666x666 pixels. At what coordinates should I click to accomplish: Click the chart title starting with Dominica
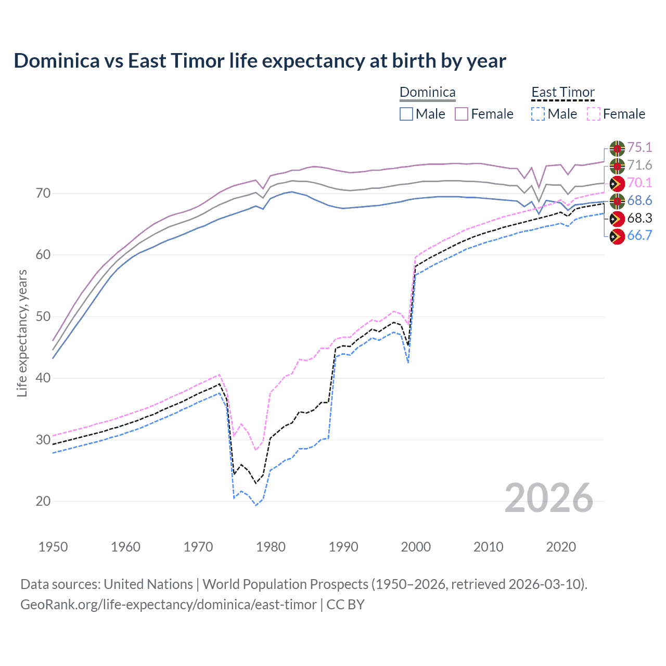pos(260,61)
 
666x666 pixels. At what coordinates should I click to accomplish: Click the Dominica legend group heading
pos(427,93)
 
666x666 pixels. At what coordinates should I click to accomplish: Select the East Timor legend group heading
pos(562,93)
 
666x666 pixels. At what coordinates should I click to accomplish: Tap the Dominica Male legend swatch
pos(406,114)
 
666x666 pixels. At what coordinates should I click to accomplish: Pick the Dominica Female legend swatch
pos(462,114)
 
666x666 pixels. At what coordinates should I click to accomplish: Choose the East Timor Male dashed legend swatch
pos(538,114)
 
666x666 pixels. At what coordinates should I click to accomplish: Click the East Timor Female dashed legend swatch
pos(594,114)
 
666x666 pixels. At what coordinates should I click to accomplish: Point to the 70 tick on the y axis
pos(43,193)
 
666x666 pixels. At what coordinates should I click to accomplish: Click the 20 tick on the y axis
pos(43,501)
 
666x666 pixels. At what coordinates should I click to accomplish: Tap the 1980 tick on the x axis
pos(271,547)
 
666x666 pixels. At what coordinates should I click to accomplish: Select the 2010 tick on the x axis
pos(488,547)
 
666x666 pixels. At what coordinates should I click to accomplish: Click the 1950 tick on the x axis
pos(53,547)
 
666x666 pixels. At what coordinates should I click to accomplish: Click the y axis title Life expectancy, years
pos(22,333)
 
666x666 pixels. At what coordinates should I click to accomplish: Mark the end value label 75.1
pos(639,148)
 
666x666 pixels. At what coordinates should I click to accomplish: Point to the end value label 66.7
pos(639,236)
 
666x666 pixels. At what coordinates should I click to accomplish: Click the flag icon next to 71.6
pos(617,166)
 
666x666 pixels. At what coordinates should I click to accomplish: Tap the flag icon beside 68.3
pos(617,219)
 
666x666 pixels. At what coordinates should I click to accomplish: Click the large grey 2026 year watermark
pos(548,498)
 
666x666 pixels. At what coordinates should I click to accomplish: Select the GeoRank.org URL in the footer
pos(168,605)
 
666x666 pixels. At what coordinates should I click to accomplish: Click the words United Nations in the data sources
pos(148,584)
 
